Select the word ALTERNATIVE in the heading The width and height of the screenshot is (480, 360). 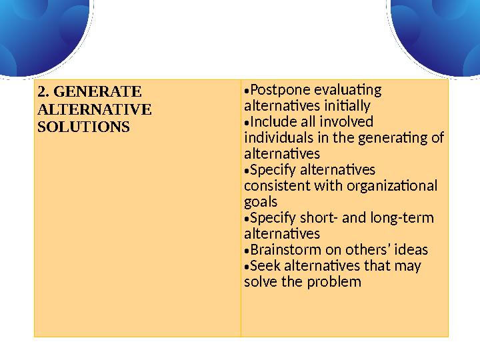[x=94, y=109]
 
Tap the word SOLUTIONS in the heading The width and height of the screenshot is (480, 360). [x=83, y=126]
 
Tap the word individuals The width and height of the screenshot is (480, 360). [x=277, y=138]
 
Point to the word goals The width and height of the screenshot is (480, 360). [x=261, y=202]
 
